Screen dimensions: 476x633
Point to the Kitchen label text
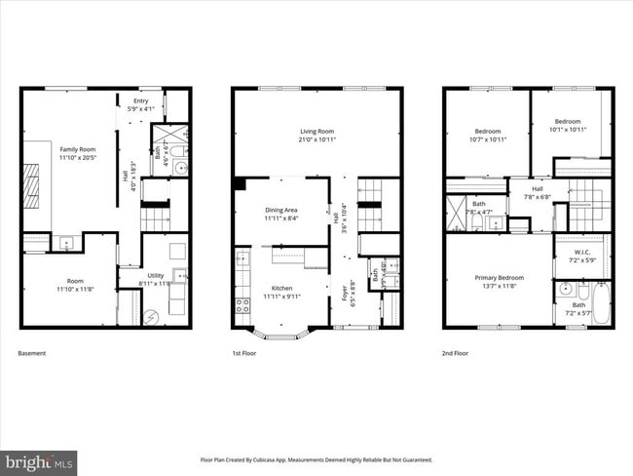click(281, 288)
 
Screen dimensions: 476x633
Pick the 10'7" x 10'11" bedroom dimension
click(488, 139)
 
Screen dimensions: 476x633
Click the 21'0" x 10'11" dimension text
click(316, 139)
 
